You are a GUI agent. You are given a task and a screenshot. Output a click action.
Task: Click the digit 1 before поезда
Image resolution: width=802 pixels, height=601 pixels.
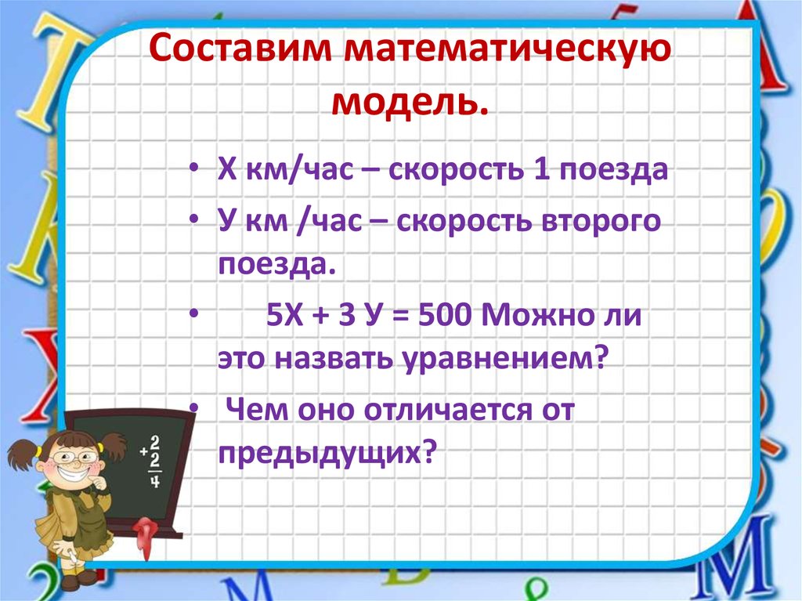[540, 170]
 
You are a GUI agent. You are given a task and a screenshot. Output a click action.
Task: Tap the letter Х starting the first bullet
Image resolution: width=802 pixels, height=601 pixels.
[226, 171]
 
